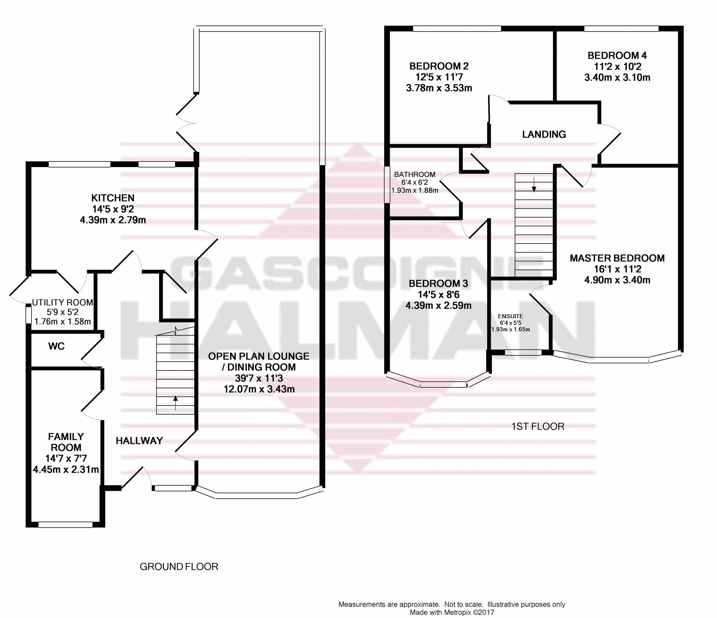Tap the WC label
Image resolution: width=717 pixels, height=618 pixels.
click(x=56, y=346)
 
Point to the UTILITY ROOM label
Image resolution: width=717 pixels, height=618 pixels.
click(x=63, y=302)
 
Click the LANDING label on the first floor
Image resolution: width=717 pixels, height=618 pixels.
click(x=544, y=134)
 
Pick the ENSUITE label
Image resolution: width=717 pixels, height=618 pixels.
click(x=510, y=316)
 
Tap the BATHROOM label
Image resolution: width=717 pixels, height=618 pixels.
click(x=415, y=175)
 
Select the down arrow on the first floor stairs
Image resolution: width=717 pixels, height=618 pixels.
click(x=534, y=184)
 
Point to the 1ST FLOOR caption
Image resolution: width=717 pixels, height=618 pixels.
click(x=538, y=426)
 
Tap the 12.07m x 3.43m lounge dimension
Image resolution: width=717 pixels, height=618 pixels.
click(x=259, y=389)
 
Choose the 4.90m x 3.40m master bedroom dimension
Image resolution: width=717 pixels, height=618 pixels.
click(x=617, y=280)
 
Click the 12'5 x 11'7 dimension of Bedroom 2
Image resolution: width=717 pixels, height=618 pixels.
click(x=439, y=77)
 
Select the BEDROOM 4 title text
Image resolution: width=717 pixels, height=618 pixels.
click(x=617, y=55)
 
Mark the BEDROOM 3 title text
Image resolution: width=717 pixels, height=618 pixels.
click(x=438, y=283)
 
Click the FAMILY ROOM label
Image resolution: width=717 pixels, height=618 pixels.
click(x=66, y=442)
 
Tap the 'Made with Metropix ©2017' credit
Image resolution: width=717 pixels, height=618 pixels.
click(x=452, y=613)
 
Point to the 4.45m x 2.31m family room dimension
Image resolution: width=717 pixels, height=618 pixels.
click(x=66, y=470)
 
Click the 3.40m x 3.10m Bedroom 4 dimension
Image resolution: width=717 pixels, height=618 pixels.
click(x=617, y=78)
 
